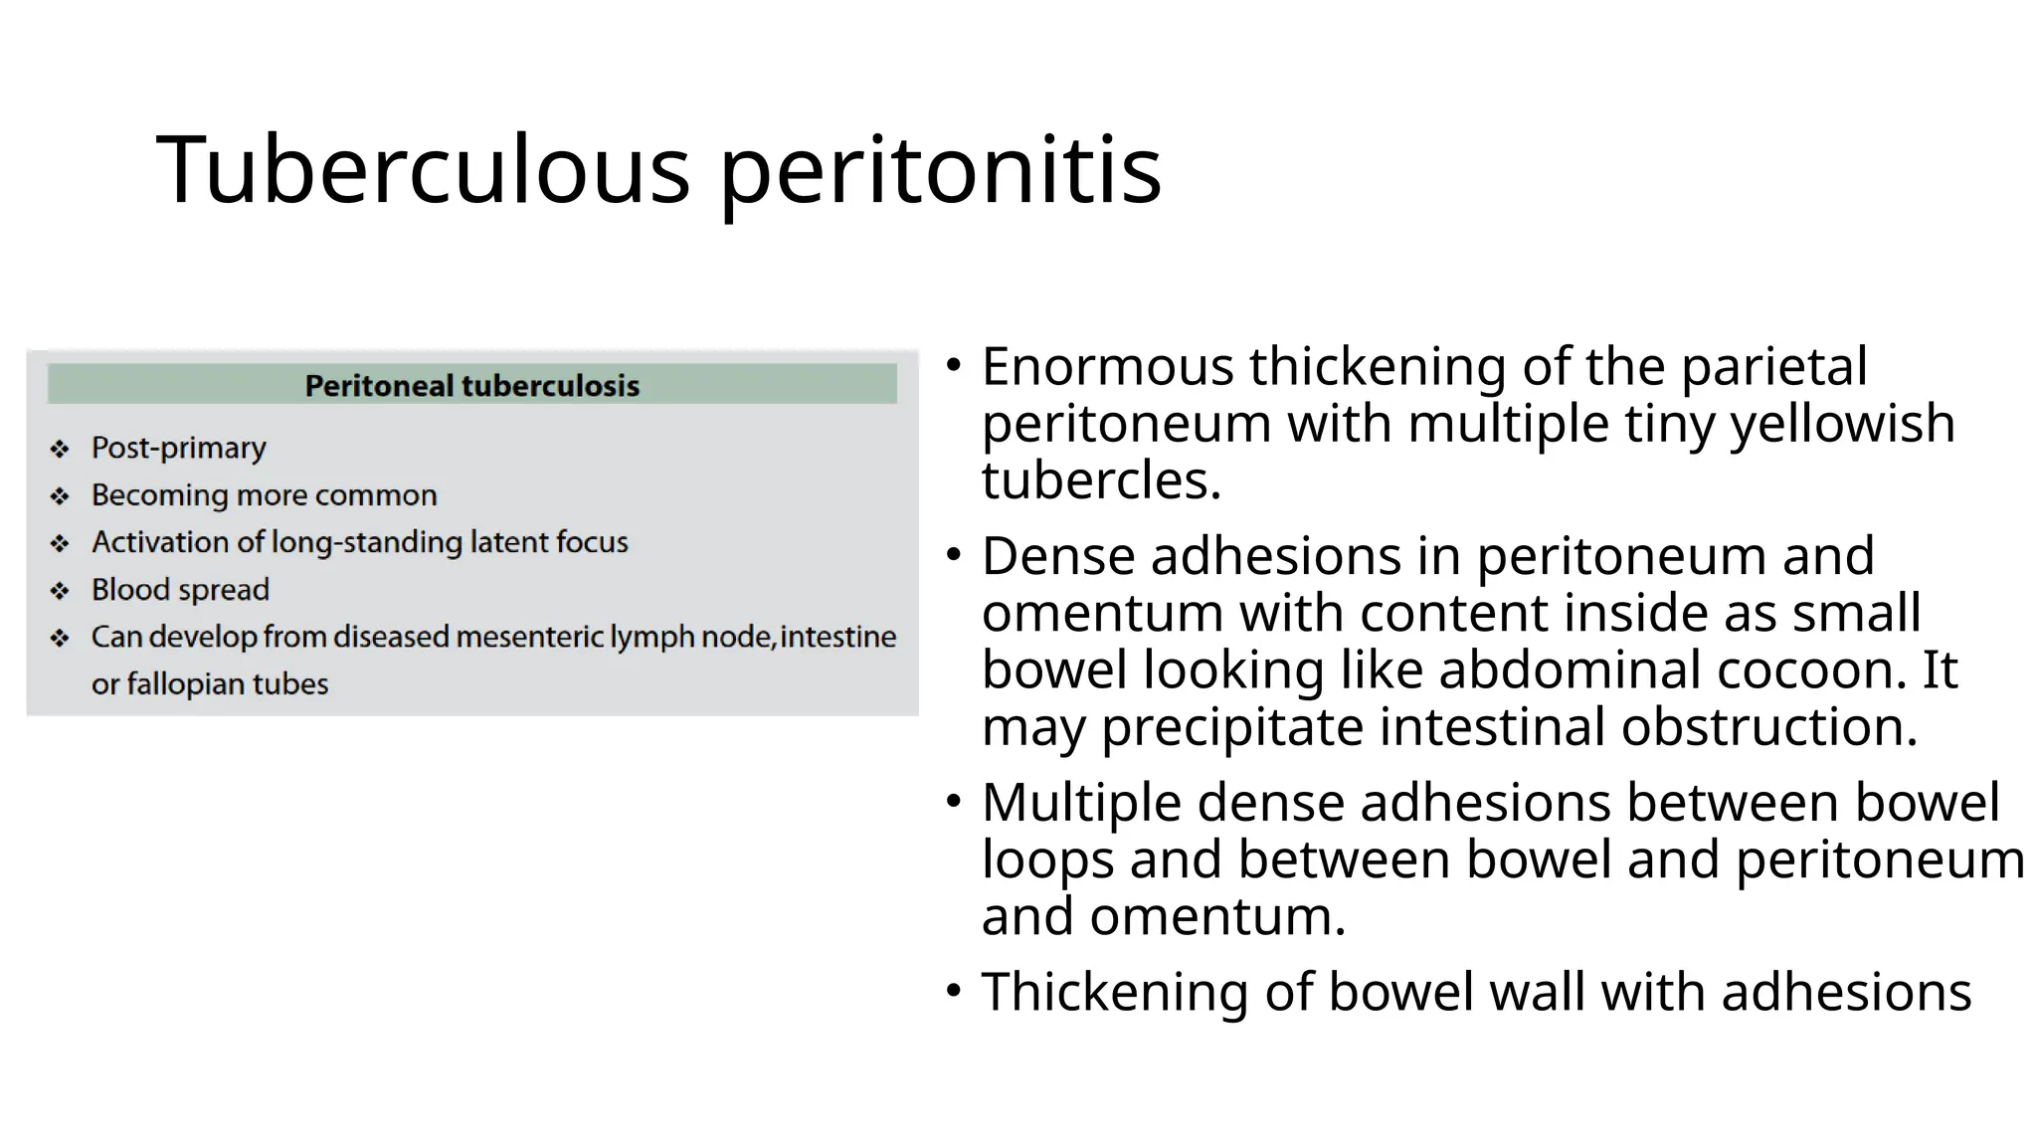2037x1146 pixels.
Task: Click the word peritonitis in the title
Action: click(939, 171)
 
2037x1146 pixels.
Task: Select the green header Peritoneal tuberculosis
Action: click(471, 385)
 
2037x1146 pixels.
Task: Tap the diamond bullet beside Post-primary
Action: click(60, 450)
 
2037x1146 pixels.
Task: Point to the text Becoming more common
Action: click(264, 494)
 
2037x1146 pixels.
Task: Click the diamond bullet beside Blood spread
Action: click(60, 591)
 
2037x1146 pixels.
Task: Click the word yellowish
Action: click(1842, 424)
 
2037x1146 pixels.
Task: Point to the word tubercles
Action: click(1101, 480)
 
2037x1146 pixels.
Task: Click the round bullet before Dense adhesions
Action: click(954, 555)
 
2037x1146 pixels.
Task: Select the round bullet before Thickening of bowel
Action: click(954, 991)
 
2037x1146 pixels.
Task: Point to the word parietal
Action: click(1773, 366)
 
